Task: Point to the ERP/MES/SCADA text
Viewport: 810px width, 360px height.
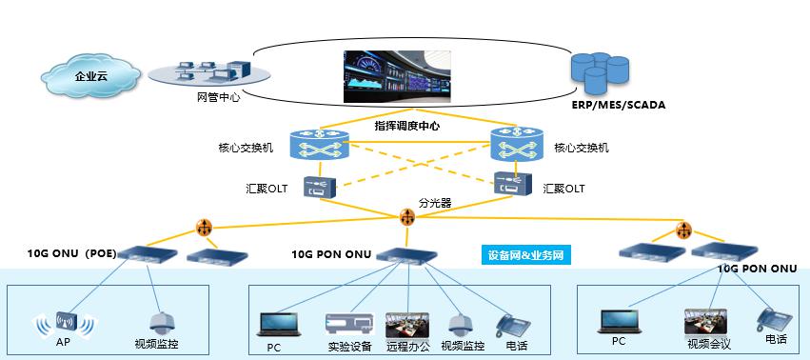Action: pos(618,104)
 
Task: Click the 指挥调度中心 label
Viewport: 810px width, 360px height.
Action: pos(406,126)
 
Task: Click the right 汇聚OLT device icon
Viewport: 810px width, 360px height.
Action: pos(510,186)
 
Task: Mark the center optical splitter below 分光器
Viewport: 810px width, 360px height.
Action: pos(408,219)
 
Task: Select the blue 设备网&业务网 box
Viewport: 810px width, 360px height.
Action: pos(524,255)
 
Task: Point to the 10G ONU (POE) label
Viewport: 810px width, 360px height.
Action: pos(73,254)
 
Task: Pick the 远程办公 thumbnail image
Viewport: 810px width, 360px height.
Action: pos(406,323)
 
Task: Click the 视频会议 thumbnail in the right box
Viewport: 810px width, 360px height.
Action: pos(705,320)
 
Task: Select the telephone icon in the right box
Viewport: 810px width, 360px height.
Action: pos(768,319)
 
